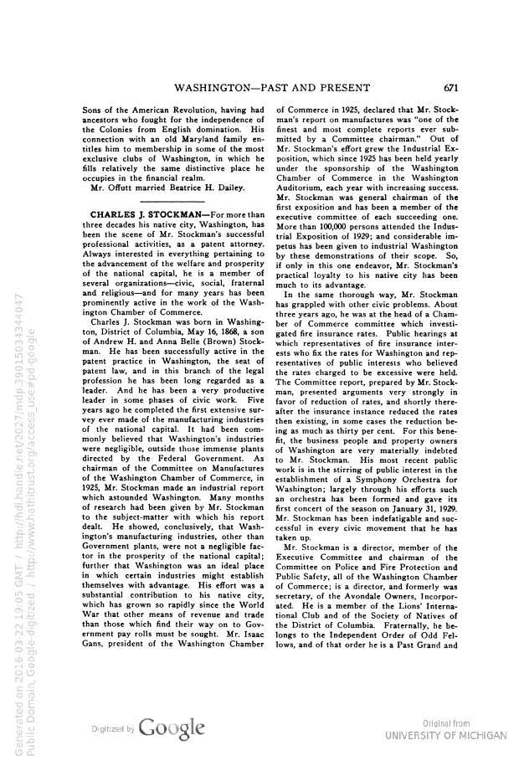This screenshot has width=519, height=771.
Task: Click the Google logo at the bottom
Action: point(172,728)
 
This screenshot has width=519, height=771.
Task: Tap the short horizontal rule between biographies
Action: point(172,201)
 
